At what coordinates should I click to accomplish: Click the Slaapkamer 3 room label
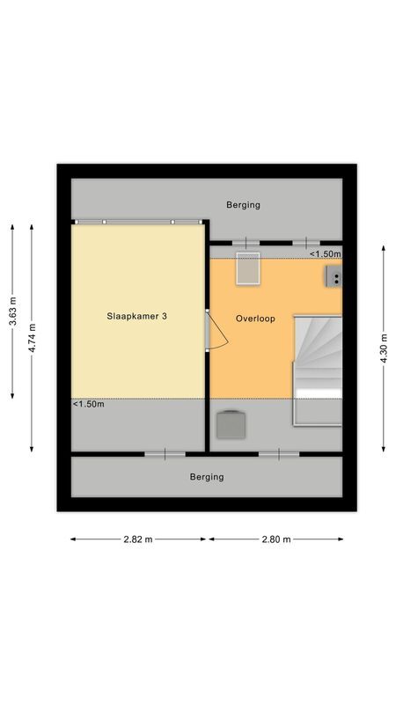click(x=137, y=317)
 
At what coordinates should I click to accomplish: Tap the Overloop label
click(x=255, y=319)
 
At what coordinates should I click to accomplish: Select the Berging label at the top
click(x=243, y=205)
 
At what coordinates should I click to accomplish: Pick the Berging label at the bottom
click(x=207, y=477)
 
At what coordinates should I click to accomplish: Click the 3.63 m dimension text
click(x=12, y=312)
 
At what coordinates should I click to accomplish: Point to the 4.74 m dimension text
click(x=33, y=338)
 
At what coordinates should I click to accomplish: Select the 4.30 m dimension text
click(x=384, y=348)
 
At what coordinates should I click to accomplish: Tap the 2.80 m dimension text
click(x=275, y=539)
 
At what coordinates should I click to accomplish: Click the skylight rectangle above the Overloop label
click(x=247, y=268)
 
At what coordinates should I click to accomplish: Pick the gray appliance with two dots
click(x=334, y=278)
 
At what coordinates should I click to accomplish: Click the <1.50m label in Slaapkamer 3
click(x=88, y=405)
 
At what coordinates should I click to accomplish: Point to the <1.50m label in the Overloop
click(x=324, y=254)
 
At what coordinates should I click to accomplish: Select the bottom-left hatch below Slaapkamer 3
click(x=165, y=454)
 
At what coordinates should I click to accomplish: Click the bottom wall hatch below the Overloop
click(x=279, y=454)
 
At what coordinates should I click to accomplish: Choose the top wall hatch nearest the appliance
click(x=306, y=242)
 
